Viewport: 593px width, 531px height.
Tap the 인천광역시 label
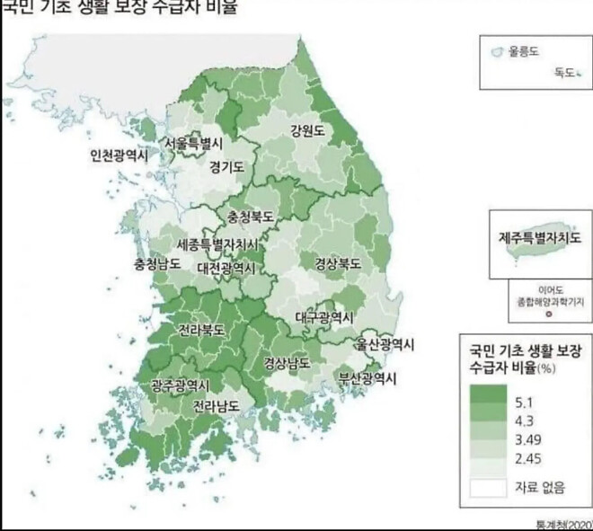coord(118,155)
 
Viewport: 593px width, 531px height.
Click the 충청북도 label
coord(251,217)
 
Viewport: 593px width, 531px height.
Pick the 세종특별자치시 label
coord(217,244)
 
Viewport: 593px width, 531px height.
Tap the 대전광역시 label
coord(228,267)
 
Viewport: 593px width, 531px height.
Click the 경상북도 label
coord(338,264)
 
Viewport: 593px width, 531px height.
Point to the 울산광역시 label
coord(384,344)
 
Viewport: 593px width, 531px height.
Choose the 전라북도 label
coord(200,330)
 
